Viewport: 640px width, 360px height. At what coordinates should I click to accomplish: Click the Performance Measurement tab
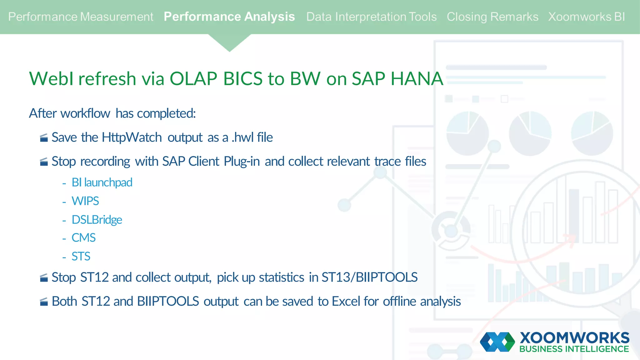[81, 17]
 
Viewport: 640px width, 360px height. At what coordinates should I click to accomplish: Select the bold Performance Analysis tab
[229, 17]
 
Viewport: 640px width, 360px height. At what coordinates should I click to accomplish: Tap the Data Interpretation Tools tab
[371, 17]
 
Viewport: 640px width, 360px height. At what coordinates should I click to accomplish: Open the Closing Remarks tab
[492, 17]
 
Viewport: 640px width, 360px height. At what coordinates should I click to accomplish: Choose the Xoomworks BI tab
[586, 17]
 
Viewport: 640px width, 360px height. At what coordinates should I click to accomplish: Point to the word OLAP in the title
[193, 78]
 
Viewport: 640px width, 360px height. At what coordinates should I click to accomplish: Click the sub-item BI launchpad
[102, 182]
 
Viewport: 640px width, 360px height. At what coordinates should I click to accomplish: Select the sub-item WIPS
[85, 201]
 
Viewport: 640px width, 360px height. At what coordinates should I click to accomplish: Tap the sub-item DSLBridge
[97, 220]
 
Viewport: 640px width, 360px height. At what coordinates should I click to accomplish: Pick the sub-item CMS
[83, 238]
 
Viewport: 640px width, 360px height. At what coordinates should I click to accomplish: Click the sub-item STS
[81, 257]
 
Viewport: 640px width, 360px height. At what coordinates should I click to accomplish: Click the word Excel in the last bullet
[346, 302]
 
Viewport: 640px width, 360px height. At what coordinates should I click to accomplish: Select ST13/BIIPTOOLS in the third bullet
[369, 277]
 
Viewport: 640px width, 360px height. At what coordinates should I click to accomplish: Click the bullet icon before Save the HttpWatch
[44, 138]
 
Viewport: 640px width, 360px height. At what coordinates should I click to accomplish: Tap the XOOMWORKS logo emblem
[497, 342]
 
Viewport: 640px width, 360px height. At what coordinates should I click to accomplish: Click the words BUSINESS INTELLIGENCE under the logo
[574, 349]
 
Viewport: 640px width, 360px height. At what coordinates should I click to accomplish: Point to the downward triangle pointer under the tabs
[229, 42]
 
